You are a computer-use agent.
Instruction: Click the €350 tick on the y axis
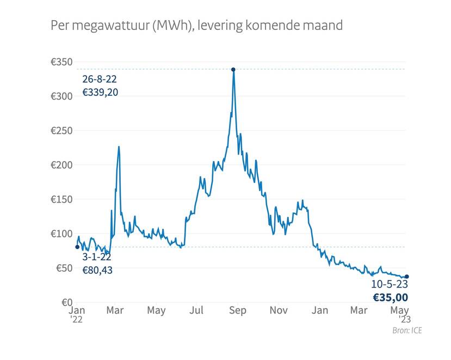click(61, 63)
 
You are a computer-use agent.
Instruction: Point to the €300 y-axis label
click(61, 96)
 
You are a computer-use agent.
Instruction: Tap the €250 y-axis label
click(61, 131)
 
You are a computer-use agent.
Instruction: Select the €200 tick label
click(61, 165)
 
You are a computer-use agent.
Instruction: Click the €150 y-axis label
click(61, 199)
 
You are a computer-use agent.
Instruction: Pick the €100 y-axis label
click(61, 234)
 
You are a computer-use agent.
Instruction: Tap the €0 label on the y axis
click(66, 302)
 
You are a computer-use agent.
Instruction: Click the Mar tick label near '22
click(115, 310)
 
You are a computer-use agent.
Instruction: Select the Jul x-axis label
click(196, 310)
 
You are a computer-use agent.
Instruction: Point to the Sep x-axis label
click(238, 310)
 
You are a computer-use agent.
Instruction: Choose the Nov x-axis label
click(279, 310)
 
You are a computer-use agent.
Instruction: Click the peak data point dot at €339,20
click(233, 69)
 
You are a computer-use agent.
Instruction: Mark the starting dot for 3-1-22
click(77, 247)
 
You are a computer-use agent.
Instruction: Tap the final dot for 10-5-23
click(407, 277)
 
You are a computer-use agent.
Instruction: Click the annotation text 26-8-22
click(99, 80)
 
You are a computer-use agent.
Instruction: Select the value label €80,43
click(97, 270)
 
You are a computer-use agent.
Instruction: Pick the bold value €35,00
click(390, 297)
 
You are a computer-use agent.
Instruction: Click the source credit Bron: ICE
click(407, 331)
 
